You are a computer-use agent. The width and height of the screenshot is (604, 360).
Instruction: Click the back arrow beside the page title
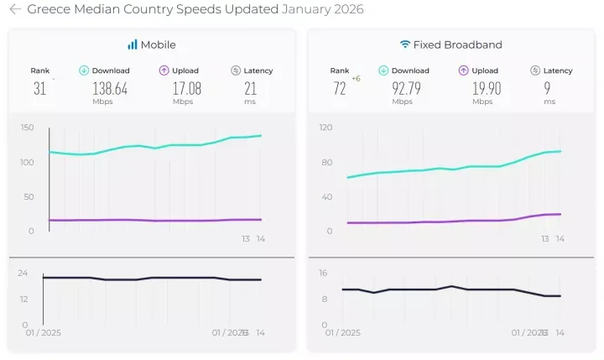[x=15, y=10]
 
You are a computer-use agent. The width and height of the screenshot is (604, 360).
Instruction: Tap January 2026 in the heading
[x=323, y=10]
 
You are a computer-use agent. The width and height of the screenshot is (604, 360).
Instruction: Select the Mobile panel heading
[x=158, y=44]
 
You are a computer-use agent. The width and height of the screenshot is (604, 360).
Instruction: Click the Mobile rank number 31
[x=39, y=88]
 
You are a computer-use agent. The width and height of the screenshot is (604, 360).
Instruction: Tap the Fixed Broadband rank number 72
[x=339, y=88]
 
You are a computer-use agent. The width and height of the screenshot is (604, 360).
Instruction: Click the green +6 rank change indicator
[x=356, y=79]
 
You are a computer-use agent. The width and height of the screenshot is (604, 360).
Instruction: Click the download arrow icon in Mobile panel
[x=84, y=70]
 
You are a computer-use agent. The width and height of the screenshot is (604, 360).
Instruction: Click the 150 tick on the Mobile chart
[x=28, y=128]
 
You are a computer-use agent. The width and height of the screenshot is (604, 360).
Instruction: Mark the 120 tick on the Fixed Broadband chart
[x=326, y=128]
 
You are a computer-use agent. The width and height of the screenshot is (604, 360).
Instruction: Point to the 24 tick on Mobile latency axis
[x=23, y=273]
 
